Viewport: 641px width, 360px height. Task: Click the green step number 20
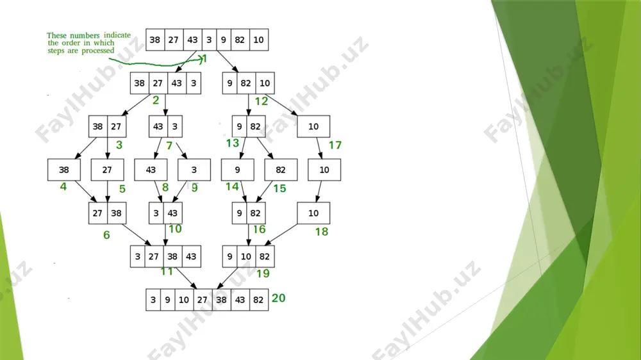coord(278,298)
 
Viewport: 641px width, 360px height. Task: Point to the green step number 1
coord(205,59)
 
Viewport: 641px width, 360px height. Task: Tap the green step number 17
coord(335,145)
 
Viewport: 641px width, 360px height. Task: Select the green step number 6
coord(106,235)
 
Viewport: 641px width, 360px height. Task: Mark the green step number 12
coord(262,101)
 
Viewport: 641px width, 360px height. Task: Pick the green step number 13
coord(232,143)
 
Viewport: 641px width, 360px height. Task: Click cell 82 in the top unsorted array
coord(240,40)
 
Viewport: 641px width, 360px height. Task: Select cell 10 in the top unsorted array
coord(259,40)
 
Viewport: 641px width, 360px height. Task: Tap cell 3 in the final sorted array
coord(153,300)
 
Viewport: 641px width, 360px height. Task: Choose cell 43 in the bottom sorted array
coord(240,300)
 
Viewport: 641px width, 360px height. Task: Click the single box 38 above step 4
coord(63,170)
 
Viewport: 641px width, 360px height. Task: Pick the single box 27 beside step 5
coord(107,170)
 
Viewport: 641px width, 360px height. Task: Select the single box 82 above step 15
coord(281,170)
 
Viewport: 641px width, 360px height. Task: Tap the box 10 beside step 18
coord(313,213)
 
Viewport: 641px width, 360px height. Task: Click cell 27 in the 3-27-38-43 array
coord(154,256)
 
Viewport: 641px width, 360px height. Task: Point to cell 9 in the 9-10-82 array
coord(229,256)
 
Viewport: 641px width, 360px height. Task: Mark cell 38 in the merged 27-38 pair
coord(117,213)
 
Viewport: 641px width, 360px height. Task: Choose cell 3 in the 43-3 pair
coord(175,126)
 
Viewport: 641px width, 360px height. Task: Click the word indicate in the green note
coord(117,35)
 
